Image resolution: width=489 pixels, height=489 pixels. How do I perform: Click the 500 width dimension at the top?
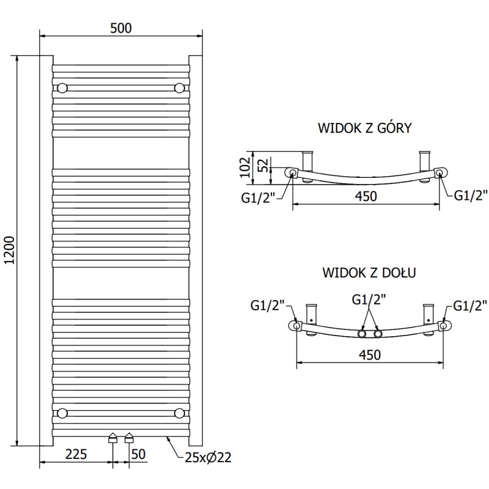pos(121,28)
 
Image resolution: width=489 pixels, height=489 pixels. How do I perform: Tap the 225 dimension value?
pos(76,455)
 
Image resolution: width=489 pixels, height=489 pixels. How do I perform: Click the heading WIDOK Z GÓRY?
pos(364,128)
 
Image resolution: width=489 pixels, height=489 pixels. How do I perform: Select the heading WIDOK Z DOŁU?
pos(369,273)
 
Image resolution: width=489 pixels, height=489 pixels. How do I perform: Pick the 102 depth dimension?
pos(244,166)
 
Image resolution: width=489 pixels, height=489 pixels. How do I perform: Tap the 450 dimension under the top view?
pos(366,196)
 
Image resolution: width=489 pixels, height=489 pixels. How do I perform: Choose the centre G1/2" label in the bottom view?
pos(369,300)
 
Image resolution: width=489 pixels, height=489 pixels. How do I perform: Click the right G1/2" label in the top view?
pos(470,195)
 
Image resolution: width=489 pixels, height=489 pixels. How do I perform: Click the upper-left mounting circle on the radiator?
pos(62,88)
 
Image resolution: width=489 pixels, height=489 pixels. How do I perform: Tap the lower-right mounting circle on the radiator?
pos(179,413)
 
